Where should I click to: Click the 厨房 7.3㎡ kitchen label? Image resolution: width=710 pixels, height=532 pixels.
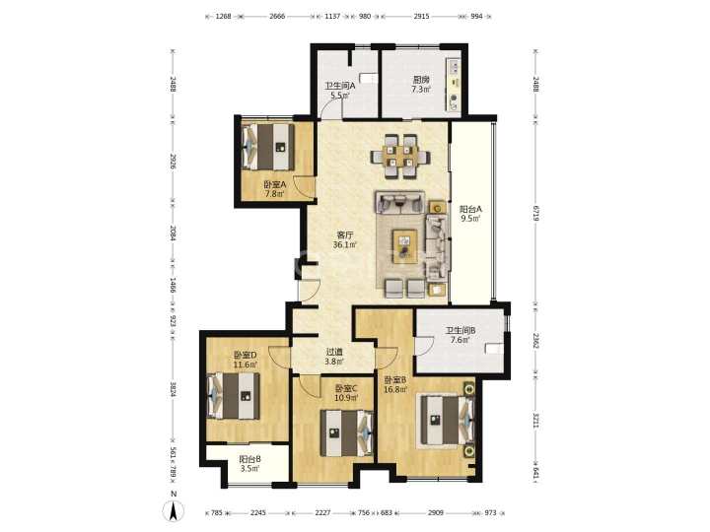tap(421, 85)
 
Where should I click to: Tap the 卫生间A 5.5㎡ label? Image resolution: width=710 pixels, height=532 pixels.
tap(339, 91)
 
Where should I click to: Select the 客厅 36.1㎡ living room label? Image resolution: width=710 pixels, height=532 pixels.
tap(344, 239)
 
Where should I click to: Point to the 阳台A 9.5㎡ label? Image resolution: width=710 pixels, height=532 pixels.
tap(470, 214)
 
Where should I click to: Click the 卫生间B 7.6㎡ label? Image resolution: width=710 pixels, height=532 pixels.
tap(461, 335)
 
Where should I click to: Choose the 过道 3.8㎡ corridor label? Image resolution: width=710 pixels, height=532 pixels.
tap(333, 357)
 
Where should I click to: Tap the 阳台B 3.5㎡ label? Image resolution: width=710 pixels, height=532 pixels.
tap(249, 464)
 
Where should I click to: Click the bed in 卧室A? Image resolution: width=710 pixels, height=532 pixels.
tap(267, 147)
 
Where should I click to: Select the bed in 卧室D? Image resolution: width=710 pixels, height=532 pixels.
tap(234, 396)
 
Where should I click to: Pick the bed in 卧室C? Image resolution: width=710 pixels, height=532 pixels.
tap(347, 432)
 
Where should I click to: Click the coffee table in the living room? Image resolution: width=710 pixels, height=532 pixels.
tap(405, 246)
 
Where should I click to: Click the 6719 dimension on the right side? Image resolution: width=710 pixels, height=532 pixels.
tap(535, 213)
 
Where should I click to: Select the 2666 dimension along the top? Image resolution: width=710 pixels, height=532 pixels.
tap(277, 17)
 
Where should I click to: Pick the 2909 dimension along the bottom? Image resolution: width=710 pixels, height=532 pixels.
tap(436, 513)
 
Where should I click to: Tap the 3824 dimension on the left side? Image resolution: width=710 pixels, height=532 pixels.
tap(173, 390)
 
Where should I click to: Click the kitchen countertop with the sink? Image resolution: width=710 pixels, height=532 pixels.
tap(453, 85)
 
